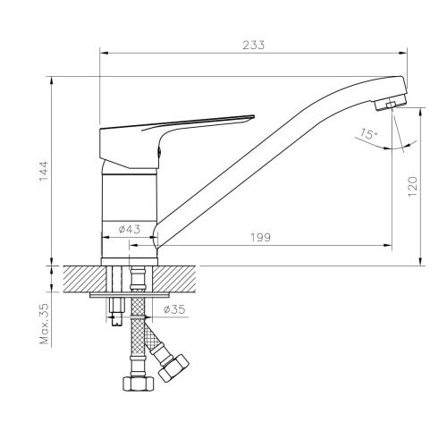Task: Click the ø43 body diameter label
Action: pyautogui.click(x=131, y=230)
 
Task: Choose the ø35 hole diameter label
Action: pyautogui.click(x=175, y=310)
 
